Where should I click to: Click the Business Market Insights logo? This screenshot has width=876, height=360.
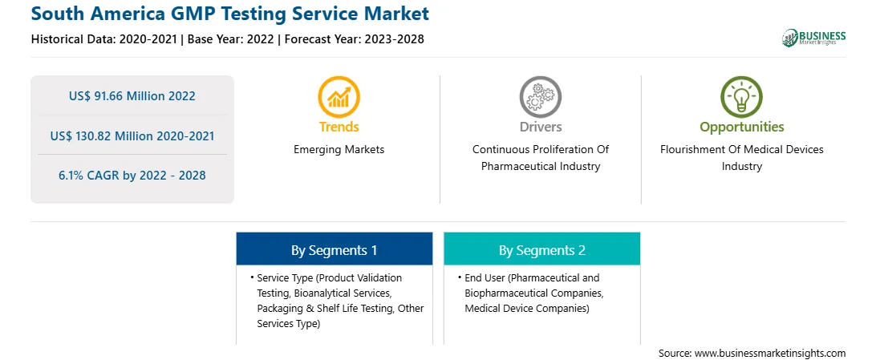(813, 38)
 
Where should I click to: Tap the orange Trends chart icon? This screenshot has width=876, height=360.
(339, 97)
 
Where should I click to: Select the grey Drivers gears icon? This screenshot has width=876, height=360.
(540, 97)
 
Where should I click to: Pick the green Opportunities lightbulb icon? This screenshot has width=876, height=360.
(741, 97)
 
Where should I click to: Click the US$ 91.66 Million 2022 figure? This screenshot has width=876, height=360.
(132, 96)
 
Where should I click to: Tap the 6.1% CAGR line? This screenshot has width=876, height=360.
(132, 176)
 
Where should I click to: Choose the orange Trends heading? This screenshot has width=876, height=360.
(339, 127)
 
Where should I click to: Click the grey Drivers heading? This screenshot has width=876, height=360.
(540, 127)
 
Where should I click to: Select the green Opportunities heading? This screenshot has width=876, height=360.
(742, 127)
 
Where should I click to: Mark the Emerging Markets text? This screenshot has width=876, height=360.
(339, 150)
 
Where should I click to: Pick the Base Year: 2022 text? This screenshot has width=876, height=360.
(231, 39)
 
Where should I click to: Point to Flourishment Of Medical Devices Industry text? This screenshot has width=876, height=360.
(741, 158)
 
